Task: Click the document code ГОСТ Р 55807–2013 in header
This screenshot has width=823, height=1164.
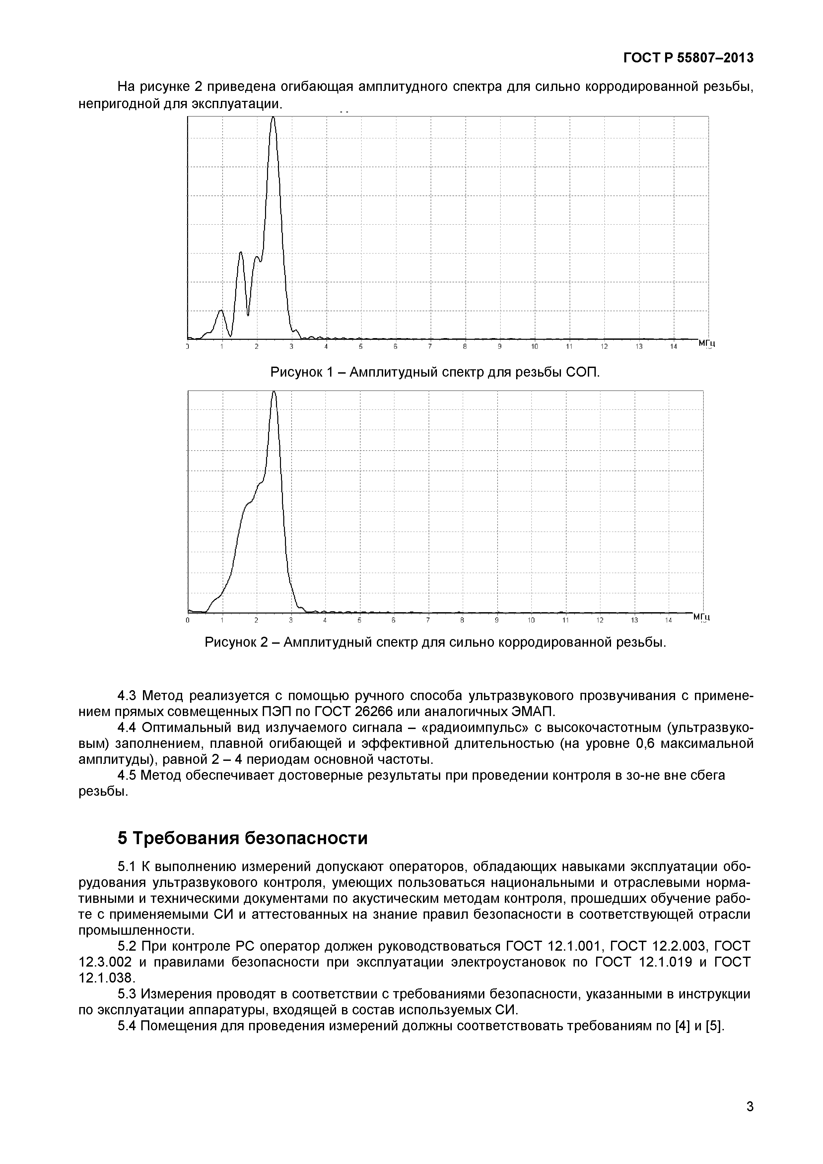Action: pos(688,58)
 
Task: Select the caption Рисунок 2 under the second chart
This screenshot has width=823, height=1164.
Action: pos(435,642)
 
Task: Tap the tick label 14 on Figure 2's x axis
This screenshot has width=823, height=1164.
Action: pos(668,620)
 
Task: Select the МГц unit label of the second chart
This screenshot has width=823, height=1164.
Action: pos(701,617)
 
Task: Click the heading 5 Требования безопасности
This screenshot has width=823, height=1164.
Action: pos(243,838)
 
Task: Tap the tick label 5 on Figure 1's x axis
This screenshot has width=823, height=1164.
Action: pos(361,347)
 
